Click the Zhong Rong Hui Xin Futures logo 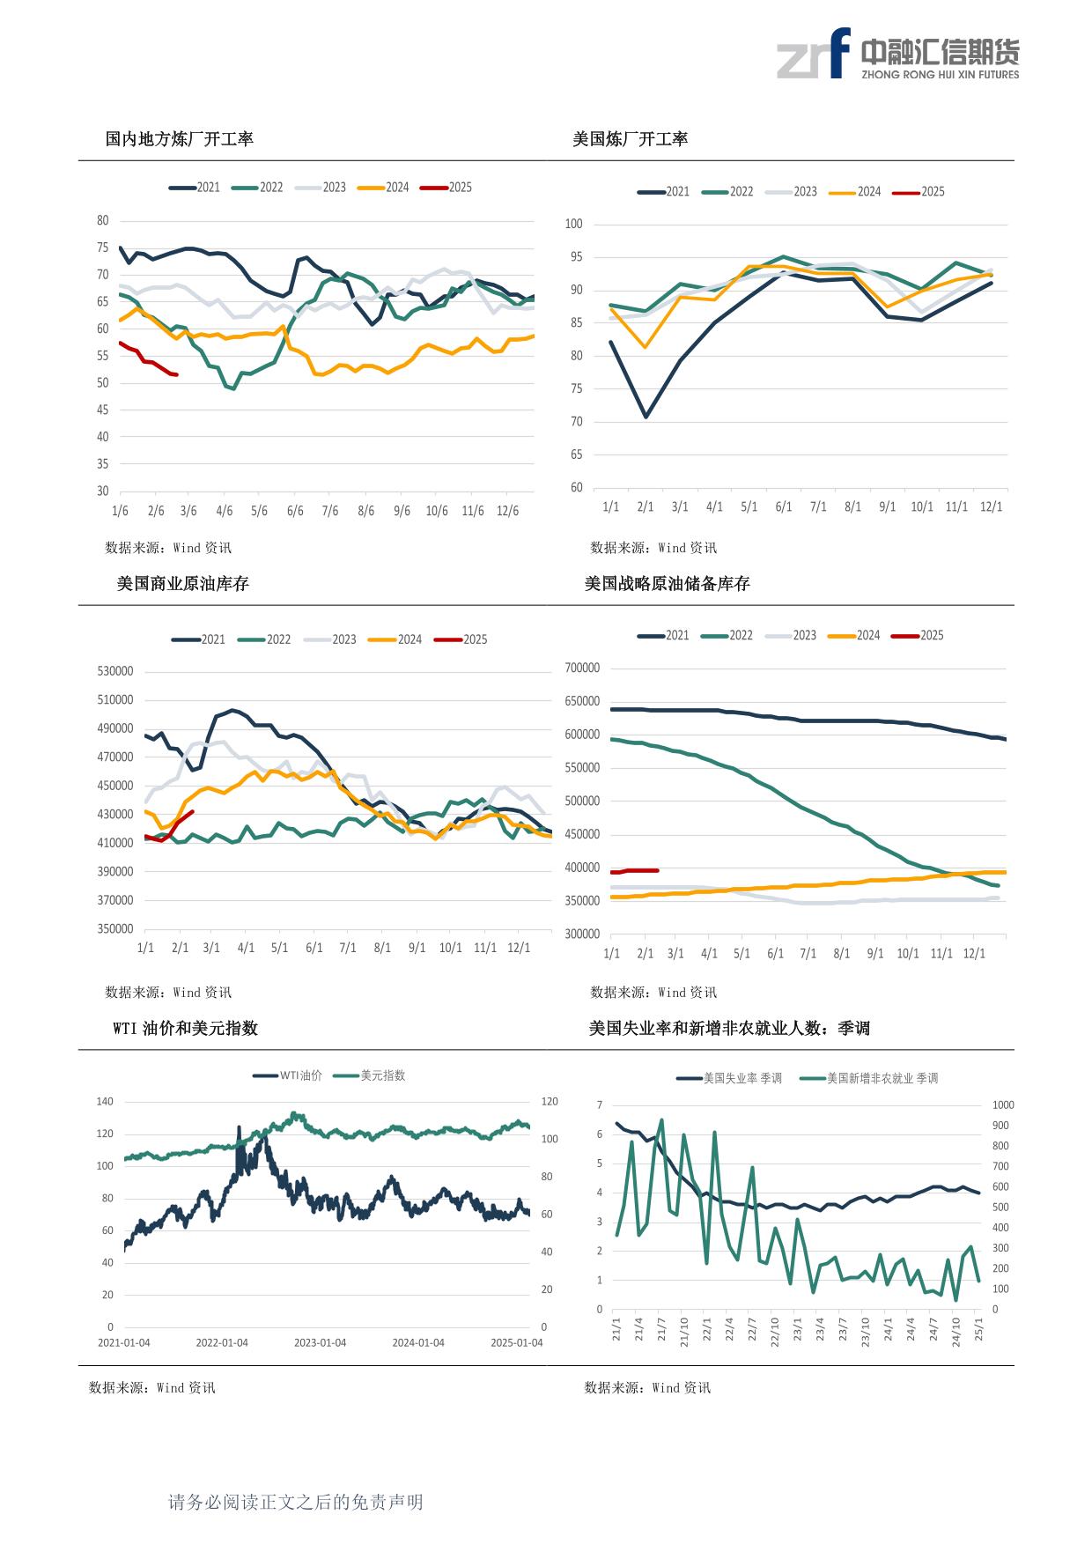pos(897,54)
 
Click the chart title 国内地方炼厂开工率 pos(180,138)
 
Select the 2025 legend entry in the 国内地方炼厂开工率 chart pos(446,188)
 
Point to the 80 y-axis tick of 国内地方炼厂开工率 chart pos(103,220)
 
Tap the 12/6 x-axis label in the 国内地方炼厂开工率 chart pos(508,511)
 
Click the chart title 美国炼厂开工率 pos(631,138)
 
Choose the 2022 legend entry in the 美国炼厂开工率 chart pos(728,191)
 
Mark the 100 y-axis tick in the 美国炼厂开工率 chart pos(574,224)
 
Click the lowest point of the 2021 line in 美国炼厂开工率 pos(646,417)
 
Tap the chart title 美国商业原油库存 pos(183,583)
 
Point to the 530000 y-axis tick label pos(116,671)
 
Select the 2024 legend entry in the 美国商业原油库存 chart pos(395,639)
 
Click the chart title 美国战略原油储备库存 pos(668,583)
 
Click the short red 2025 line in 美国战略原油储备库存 pos(634,871)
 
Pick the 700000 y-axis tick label pos(581,668)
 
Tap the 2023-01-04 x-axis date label pos(320,1342)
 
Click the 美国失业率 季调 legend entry pos(729,1078)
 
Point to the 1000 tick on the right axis pos(1003,1104)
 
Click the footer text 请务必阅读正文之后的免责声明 pos(296,1502)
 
